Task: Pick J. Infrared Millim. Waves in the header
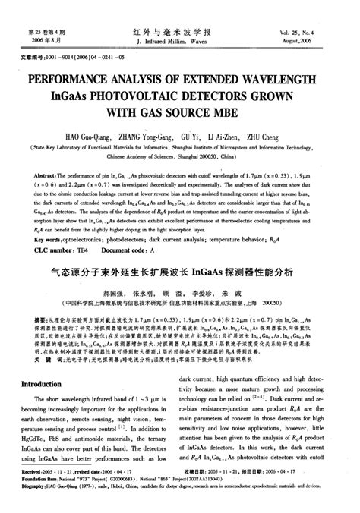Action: (x=179, y=43)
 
